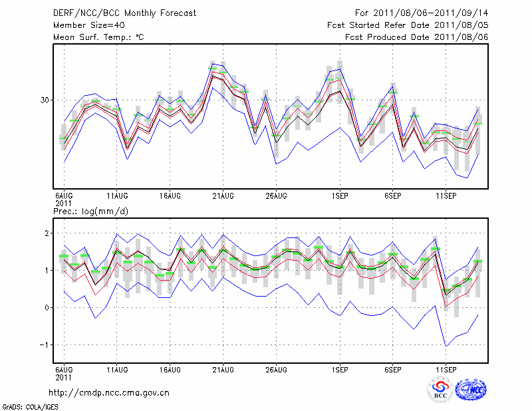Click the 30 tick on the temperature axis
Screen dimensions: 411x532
click(45, 100)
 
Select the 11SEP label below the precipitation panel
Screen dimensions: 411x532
click(446, 368)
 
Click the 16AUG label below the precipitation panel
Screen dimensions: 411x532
click(170, 368)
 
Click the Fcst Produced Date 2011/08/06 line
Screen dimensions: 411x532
click(416, 37)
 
